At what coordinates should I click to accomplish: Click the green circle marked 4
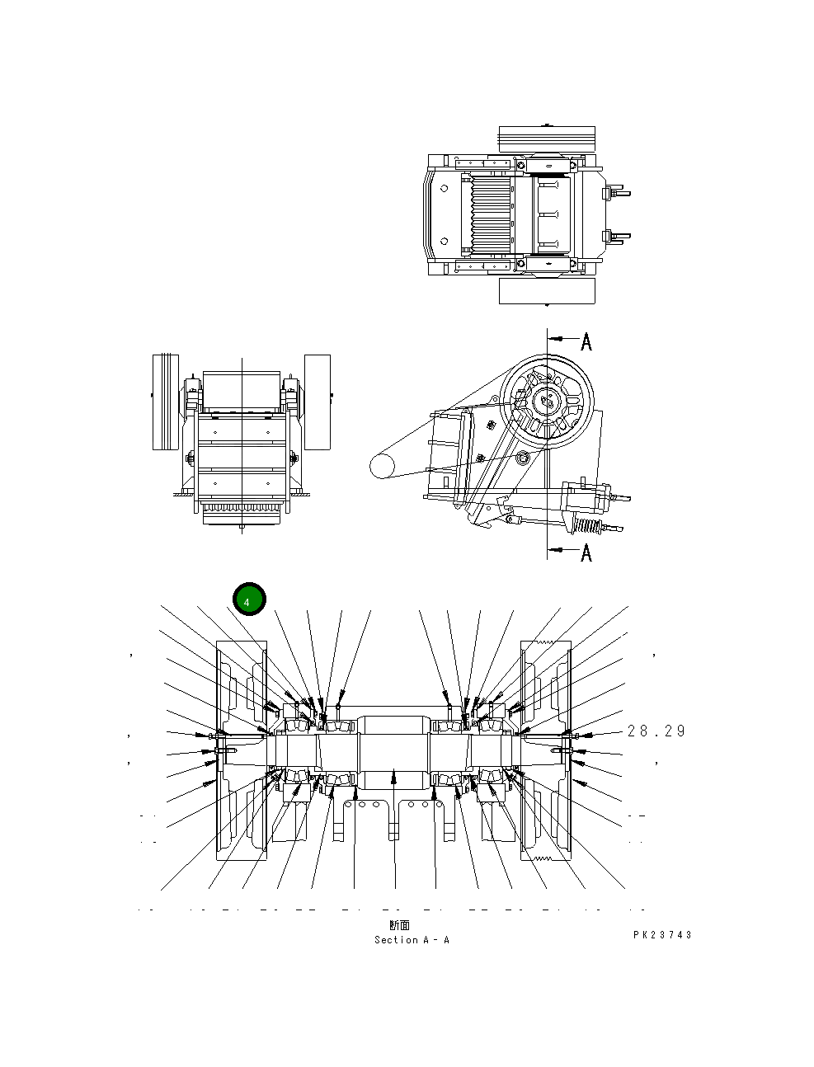[249, 599]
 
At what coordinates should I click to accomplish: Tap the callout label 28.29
[656, 731]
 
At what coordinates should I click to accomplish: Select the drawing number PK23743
[662, 935]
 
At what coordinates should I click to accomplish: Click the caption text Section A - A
[412, 940]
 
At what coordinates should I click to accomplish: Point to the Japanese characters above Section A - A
[399, 926]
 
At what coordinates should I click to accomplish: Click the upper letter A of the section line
[586, 341]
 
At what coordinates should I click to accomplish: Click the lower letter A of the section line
[586, 552]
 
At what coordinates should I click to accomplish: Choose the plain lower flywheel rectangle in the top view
[547, 290]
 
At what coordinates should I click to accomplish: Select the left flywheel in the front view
[166, 402]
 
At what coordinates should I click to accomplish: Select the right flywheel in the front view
[317, 402]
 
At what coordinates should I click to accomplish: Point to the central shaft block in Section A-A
[393, 750]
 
